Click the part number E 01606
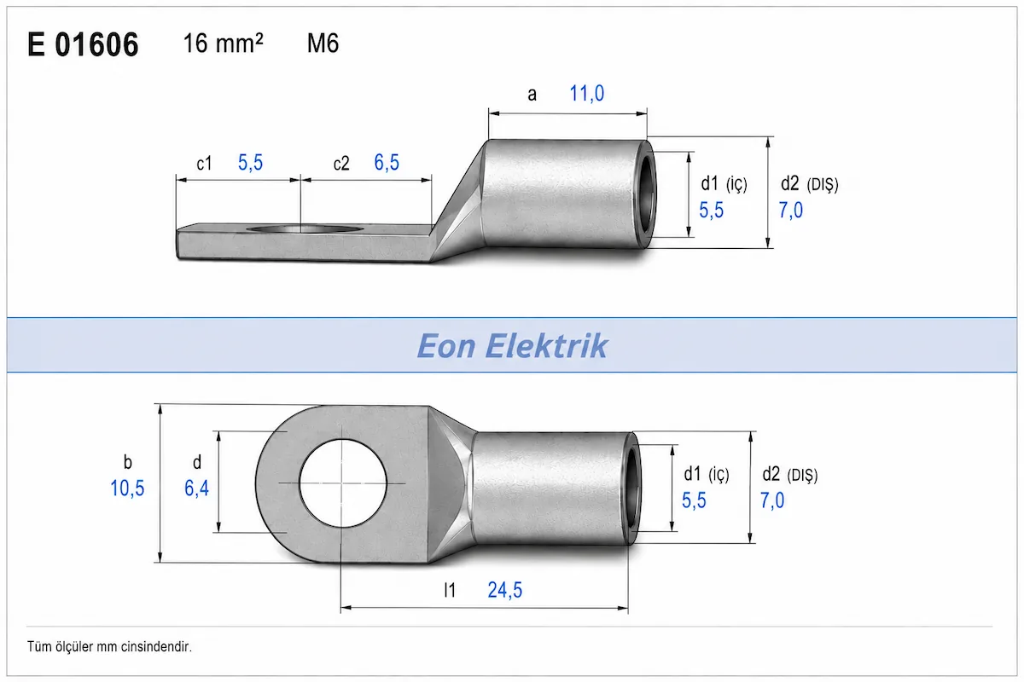[83, 45]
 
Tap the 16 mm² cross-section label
[223, 43]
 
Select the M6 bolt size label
[323, 43]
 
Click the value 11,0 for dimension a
[586, 94]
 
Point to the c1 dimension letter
[204, 164]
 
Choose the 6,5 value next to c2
[387, 163]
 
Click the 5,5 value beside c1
[251, 163]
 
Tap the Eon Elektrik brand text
[512, 346]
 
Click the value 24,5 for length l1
[504, 590]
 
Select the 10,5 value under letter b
[127, 488]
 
